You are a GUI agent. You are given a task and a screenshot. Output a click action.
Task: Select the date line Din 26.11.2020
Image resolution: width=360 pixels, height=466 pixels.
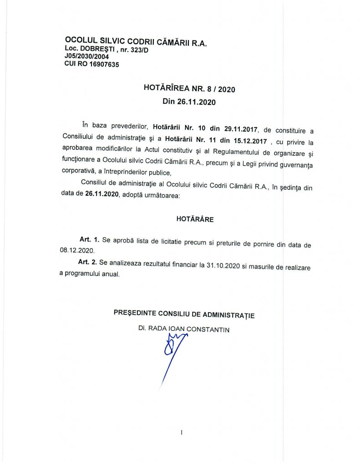(189, 102)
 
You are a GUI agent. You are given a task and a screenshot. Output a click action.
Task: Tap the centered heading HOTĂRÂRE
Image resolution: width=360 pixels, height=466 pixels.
(195, 219)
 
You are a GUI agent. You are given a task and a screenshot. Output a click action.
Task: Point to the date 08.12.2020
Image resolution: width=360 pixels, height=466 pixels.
(76, 251)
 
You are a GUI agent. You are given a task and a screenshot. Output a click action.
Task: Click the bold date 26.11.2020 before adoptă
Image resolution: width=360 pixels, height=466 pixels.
(102, 195)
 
